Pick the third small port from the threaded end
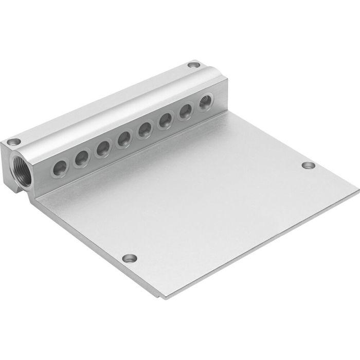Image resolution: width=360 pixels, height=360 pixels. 103,149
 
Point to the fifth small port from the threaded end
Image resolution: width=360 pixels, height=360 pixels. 145,131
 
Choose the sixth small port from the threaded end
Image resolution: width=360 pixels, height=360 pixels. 165,121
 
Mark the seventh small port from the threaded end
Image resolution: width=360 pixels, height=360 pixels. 185,112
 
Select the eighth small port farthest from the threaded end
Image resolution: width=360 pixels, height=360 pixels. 205,102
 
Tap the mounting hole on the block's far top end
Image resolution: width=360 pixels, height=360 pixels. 193,65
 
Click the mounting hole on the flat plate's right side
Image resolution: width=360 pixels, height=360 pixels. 308,165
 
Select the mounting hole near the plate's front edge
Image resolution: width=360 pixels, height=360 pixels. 129,258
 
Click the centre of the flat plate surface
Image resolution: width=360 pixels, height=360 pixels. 206,201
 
